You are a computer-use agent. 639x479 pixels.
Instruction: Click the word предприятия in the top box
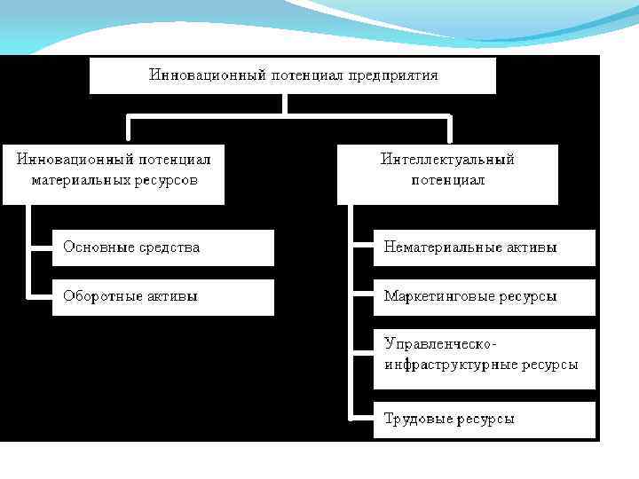pyautogui.click(x=393, y=75)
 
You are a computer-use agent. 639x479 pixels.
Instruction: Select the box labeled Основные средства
pyautogui.click(x=163, y=247)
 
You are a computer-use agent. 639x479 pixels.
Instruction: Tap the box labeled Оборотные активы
pyautogui.click(x=163, y=296)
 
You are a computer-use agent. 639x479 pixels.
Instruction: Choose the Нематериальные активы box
pyautogui.click(x=484, y=247)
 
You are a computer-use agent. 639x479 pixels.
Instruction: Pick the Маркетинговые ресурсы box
pyautogui.click(x=484, y=296)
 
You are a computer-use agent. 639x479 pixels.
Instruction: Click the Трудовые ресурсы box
pyautogui.click(x=484, y=420)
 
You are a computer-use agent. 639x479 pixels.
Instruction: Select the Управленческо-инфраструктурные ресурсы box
pyautogui.click(x=484, y=354)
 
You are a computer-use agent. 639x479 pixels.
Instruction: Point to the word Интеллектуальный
pyautogui.click(x=447, y=160)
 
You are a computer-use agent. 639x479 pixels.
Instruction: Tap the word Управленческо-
pyautogui.click(x=438, y=343)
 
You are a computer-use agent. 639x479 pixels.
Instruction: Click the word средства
pyautogui.click(x=168, y=247)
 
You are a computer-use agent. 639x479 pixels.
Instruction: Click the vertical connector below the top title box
pyautogui.click(x=284, y=104)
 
